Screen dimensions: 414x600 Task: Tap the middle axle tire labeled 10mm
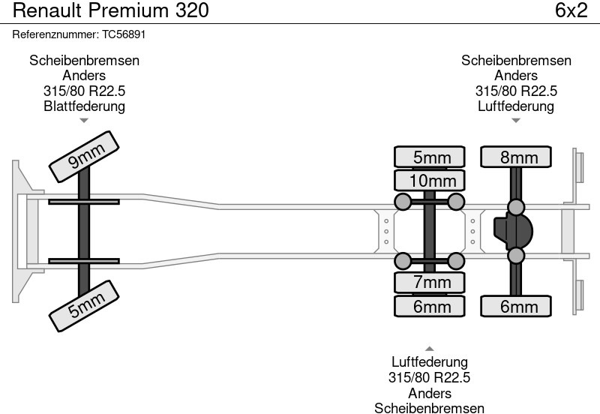coord(430,181)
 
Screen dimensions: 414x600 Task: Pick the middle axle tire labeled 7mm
coord(430,282)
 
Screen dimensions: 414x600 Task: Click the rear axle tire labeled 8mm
coord(515,157)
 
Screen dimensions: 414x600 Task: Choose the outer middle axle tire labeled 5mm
coord(430,157)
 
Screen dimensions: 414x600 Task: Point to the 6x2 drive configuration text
coord(571,10)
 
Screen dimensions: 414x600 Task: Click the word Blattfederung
coord(84,106)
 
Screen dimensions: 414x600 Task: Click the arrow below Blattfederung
coord(84,120)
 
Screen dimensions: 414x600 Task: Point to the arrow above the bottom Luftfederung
coord(429,348)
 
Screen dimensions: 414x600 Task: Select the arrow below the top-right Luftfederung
coord(515,120)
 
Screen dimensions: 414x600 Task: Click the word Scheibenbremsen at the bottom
coord(429,407)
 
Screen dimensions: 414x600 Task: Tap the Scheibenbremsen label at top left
coord(84,61)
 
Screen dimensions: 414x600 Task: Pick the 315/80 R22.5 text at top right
coord(516,91)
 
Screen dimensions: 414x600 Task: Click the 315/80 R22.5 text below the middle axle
coord(429,377)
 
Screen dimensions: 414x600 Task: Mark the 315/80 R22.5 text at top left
coord(84,91)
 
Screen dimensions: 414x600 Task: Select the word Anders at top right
coord(516,76)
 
